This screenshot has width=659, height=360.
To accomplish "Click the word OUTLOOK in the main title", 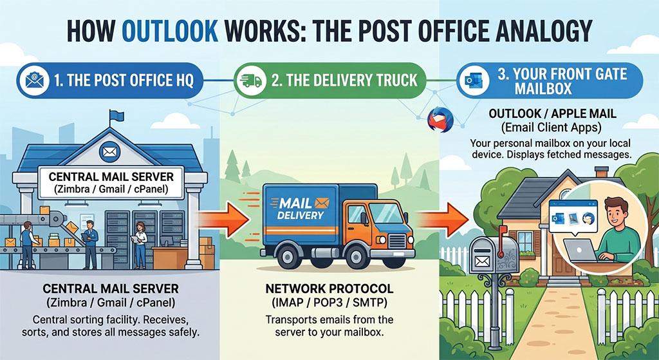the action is click(x=170, y=30).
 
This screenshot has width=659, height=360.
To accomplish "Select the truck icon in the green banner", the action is click(x=251, y=81).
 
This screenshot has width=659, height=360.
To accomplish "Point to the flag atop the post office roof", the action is click(x=116, y=115).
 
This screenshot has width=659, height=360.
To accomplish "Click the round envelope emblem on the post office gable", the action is click(x=109, y=152).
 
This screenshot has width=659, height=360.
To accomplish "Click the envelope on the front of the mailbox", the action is click(x=481, y=262).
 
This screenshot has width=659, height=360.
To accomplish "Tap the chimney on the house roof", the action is click(x=602, y=172).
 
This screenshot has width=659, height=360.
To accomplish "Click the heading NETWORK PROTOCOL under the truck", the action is click(x=329, y=289).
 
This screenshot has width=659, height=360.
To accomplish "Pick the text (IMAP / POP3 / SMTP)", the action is click(x=329, y=303).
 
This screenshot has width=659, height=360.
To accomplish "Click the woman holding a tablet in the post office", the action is click(x=140, y=245).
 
